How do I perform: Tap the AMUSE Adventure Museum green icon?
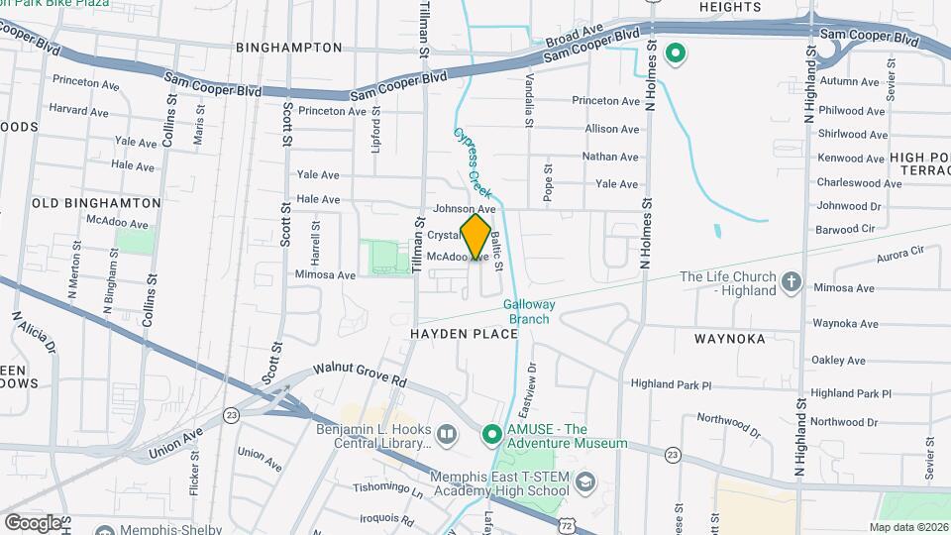pyautogui.click(x=491, y=434)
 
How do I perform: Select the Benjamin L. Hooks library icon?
pyautogui.click(x=447, y=434)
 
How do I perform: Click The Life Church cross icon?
pyautogui.click(x=791, y=282)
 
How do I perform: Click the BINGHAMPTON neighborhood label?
pyautogui.click(x=289, y=48)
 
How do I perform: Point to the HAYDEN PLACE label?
pyautogui.click(x=465, y=334)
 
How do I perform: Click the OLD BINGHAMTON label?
pyautogui.click(x=96, y=202)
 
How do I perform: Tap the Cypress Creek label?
pyautogui.click(x=474, y=162)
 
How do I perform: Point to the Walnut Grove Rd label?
pyautogui.click(x=361, y=374)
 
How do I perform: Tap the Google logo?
pyautogui.click(x=33, y=522)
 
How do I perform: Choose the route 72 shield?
pyautogui.click(x=566, y=521)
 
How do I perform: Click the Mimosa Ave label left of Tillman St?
pyautogui.click(x=325, y=274)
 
